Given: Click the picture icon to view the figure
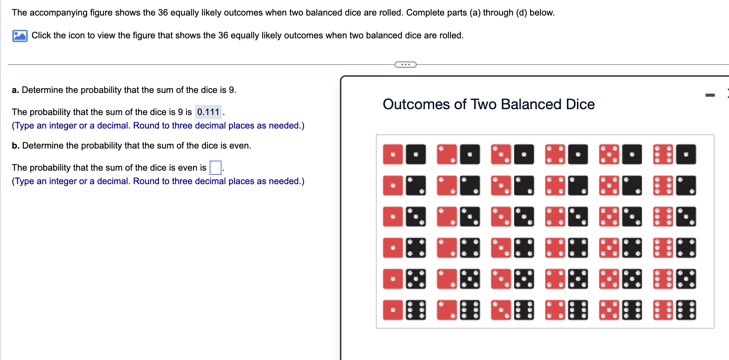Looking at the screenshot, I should click(20, 36).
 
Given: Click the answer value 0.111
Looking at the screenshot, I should click(208, 112).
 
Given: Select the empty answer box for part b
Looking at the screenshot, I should click(215, 168).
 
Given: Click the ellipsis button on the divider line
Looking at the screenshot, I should click(405, 65).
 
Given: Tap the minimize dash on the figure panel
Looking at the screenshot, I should click(710, 95).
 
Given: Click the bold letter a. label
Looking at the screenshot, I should click(15, 90).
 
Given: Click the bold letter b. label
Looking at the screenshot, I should click(15, 145).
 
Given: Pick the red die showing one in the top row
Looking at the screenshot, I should click(393, 154).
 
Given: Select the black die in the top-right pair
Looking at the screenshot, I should click(686, 154).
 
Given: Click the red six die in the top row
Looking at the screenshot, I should click(663, 154).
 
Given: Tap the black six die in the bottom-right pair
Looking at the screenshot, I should click(686, 310).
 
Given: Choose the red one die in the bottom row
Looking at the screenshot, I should click(393, 310).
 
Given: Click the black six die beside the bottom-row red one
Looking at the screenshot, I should click(416, 310).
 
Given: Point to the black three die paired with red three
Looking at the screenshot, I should click(524, 217).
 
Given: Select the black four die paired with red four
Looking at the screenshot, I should click(578, 248).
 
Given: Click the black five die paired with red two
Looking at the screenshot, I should click(470, 279).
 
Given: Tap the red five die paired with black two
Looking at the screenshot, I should click(609, 186).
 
